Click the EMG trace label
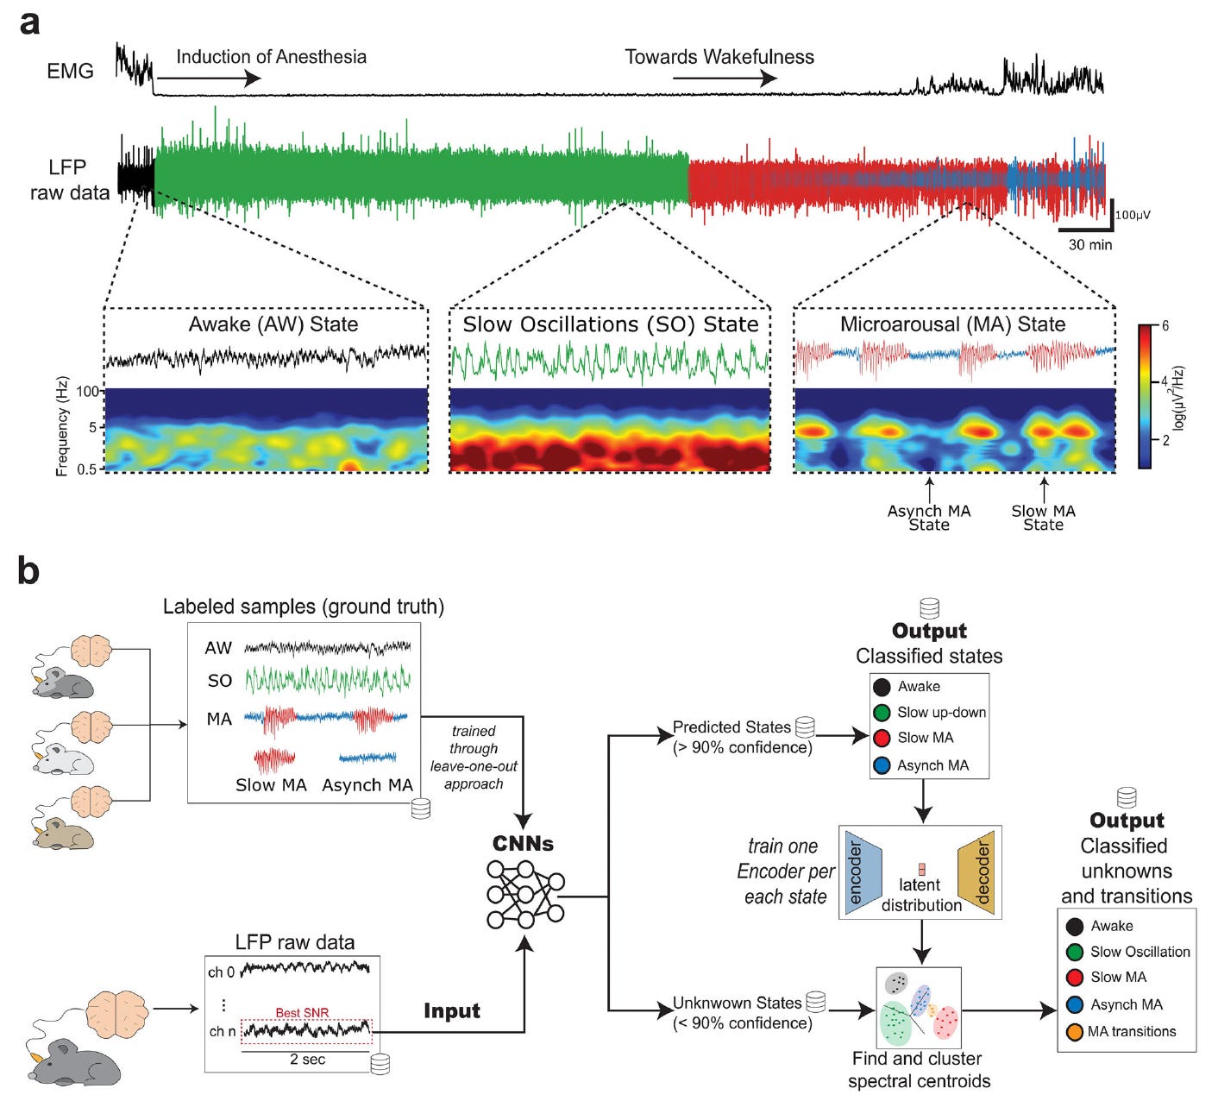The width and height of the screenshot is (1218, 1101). pyautogui.click(x=70, y=71)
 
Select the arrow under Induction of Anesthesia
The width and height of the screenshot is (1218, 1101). pyautogui.click(x=208, y=79)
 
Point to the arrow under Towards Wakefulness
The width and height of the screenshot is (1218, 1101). pyautogui.click(x=725, y=79)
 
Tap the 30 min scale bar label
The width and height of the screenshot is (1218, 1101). pyautogui.click(x=1090, y=245)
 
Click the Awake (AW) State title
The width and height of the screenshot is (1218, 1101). pyautogui.click(x=273, y=324)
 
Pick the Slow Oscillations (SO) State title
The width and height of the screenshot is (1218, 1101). pyautogui.click(x=611, y=324)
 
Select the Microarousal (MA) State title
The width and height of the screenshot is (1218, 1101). pyautogui.click(x=952, y=324)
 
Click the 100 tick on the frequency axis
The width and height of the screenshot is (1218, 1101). pyautogui.click(x=88, y=392)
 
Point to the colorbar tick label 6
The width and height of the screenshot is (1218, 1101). pyautogui.click(x=1165, y=326)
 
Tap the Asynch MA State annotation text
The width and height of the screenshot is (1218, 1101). pyautogui.click(x=929, y=518)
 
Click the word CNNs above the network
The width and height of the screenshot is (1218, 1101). pyautogui.click(x=523, y=843)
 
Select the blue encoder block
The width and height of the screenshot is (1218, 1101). pyautogui.click(x=863, y=872)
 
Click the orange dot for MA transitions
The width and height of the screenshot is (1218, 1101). pyautogui.click(x=1075, y=1032)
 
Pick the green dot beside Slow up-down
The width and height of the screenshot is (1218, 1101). pyautogui.click(x=882, y=713)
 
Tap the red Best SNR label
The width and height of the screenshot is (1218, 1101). pyautogui.click(x=302, y=1013)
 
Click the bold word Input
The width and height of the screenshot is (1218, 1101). pyautogui.click(x=451, y=1011)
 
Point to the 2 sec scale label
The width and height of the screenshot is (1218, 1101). pyautogui.click(x=307, y=1060)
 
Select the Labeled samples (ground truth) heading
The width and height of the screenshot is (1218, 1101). pyautogui.click(x=304, y=607)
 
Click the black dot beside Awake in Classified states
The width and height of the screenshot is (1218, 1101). pyautogui.click(x=882, y=687)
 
